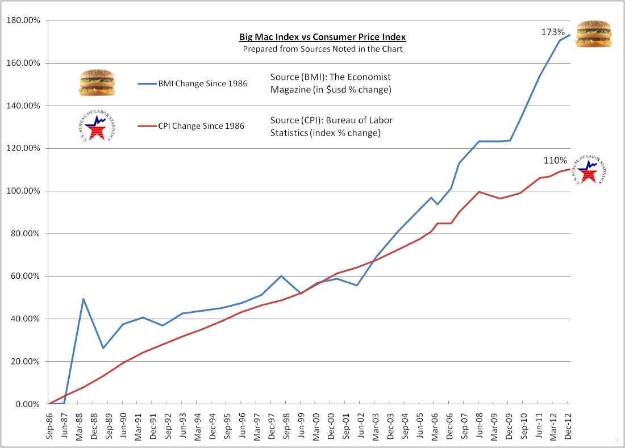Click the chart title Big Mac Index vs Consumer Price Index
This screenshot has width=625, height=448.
[x=322, y=37]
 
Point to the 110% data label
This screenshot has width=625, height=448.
[x=555, y=161]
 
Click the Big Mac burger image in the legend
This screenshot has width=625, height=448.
[x=97, y=83]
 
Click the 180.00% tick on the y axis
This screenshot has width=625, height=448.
[x=22, y=21]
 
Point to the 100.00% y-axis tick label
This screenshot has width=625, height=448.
[x=22, y=191]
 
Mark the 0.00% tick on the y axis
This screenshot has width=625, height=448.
[x=26, y=404]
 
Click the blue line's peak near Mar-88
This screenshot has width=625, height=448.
[x=84, y=299]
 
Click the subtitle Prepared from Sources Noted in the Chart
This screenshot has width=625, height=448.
[x=323, y=49]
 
